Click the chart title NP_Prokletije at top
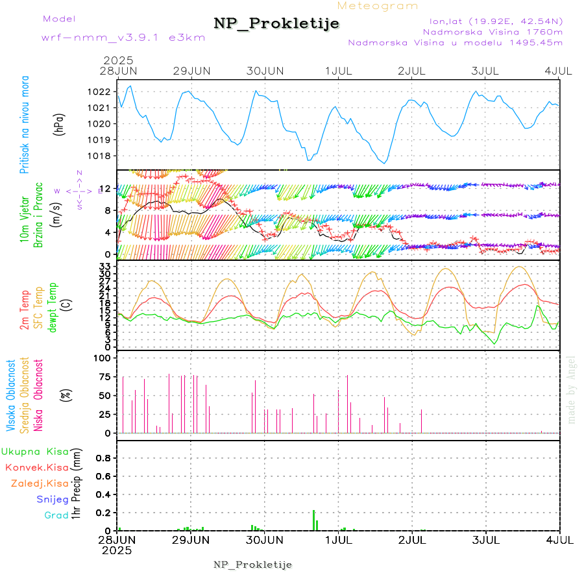click(x=276, y=24)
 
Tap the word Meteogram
click(x=378, y=6)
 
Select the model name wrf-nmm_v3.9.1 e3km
click(x=123, y=37)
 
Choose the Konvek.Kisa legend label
click(x=36, y=467)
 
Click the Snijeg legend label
click(x=53, y=500)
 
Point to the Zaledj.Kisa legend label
click(x=40, y=483)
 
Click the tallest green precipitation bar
click(x=313, y=520)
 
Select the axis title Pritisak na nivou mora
click(x=25, y=123)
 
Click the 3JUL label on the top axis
click(x=485, y=70)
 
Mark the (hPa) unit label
click(x=60, y=123)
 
